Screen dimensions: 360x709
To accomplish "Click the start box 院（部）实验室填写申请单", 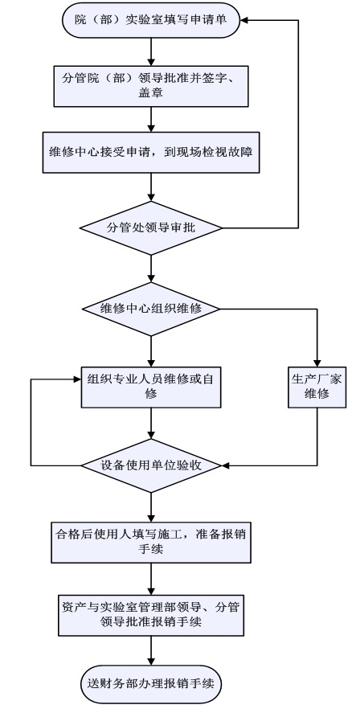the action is point(150,20).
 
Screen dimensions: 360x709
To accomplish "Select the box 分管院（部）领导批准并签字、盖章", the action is point(151,86).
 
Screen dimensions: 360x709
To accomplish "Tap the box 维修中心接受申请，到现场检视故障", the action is point(151,152).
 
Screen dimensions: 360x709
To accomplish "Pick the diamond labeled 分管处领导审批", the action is point(151,227).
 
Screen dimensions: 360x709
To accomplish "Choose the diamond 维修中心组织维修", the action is point(151,309).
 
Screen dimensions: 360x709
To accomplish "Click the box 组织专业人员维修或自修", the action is point(151,387).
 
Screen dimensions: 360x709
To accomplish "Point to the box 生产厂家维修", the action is point(317,387).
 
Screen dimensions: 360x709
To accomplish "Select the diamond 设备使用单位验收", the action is point(151,465).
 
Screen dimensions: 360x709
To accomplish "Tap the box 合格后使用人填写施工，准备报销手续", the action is point(151,542).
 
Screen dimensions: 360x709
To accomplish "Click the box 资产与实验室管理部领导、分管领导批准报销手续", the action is point(151,615).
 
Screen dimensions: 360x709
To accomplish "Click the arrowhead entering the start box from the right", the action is point(244,20).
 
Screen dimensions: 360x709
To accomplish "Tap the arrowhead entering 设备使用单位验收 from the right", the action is point(226,465).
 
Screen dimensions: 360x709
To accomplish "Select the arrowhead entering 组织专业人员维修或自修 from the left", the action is point(76,379).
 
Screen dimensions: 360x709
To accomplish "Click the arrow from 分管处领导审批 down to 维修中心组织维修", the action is point(151,268).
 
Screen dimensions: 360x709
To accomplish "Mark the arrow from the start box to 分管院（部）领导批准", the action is point(151,51).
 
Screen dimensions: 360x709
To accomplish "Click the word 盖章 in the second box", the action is point(151,93).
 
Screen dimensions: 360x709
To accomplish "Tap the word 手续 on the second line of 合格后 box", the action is point(151,549).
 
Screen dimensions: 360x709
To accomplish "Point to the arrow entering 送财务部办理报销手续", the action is point(151,650).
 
